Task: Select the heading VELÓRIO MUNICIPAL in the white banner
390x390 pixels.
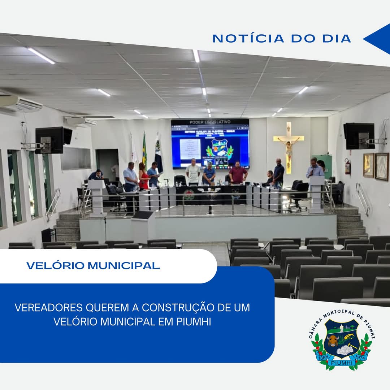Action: click(93, 266)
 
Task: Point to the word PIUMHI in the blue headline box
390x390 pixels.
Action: click(194, 321)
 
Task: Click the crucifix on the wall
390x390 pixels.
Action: click(289, 146)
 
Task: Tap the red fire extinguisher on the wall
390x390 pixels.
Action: click(347, 166)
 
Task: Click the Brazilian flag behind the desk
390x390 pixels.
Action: click(144, 150)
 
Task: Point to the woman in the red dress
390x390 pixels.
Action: click(143, 176)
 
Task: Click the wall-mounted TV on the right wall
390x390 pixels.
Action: click(359, 136)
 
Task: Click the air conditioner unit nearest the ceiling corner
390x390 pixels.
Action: click(22, 104)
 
